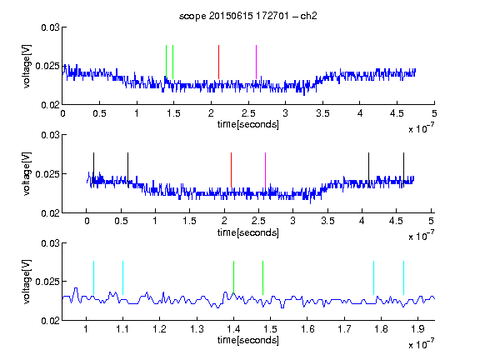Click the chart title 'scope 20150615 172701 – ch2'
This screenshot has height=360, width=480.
click(x=248, y=16)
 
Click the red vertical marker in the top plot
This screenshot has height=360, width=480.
click(x=218, y=62)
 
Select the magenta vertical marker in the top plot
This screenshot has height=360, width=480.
click(x=256, y=62)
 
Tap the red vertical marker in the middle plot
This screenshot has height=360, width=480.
click(x=231, y=170)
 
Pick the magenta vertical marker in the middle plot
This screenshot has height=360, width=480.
click(x=265, y=170)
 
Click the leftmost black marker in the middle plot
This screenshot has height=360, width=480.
click(x=93, y=170)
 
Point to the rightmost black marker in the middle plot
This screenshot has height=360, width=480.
click(x=403, y=170)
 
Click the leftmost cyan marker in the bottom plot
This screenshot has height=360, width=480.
click(x=93, y=277)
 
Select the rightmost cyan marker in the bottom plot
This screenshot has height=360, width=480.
click(x=403, y=277)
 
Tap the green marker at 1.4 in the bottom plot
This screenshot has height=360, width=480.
click(x=233, y=277)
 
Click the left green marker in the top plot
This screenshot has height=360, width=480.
click(x=166, y=62)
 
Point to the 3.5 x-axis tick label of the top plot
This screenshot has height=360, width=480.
click(x=322, y=113)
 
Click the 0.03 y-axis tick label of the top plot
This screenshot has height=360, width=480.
click(x=50, y=27)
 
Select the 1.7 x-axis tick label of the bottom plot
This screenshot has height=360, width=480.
click(x=344, y=329)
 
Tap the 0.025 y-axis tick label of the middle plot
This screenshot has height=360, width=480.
click(x=47, y=174)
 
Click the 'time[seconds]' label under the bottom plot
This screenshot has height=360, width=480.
click(x=248, y=340)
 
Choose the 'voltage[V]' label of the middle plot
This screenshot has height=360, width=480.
click(x=27, y=174)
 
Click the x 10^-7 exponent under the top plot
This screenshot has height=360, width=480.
click(x=422, y=129)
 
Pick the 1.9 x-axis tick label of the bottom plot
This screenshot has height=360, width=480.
click(x=418, y=329)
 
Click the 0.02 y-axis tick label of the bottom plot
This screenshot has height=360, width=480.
click(x=50, y=321)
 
